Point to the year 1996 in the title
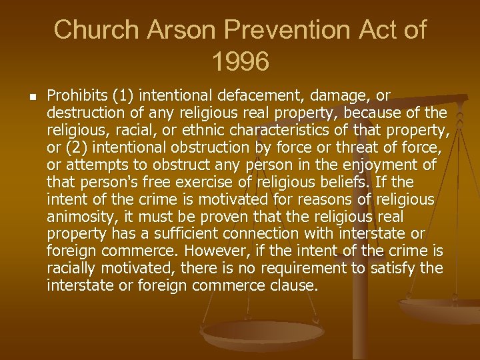240,62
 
